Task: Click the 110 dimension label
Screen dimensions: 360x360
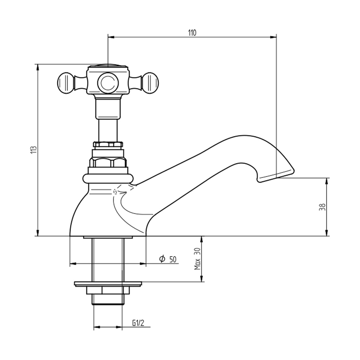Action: click(x=192, y=33)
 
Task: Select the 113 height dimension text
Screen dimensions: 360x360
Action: click(x=33, y=150)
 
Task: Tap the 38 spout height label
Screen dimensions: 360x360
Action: click(x=322, y=207)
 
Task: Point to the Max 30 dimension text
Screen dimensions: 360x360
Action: click(x=197, y=259)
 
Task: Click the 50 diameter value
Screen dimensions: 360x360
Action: click(x=173, y=260)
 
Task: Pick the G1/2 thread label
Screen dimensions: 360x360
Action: click(x=138, y=323)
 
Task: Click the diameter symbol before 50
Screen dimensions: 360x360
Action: click(x=162, y=259)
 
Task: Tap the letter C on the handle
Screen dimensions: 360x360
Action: click(x=108, y=83)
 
